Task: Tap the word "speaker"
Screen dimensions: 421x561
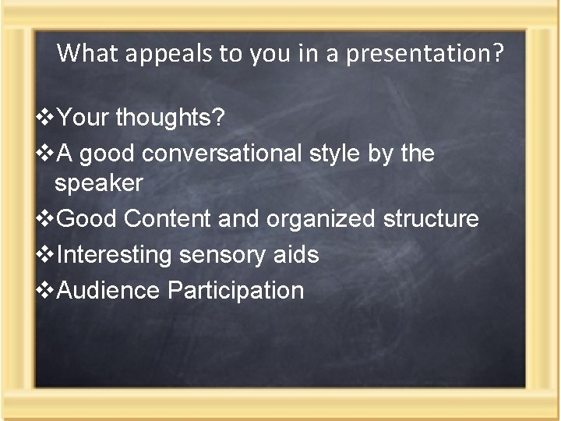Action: [99, 183]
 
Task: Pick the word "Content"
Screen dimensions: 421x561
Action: [168, 219]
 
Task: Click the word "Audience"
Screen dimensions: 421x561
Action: [109, 290]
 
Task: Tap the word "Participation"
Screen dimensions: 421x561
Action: [235, 290]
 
